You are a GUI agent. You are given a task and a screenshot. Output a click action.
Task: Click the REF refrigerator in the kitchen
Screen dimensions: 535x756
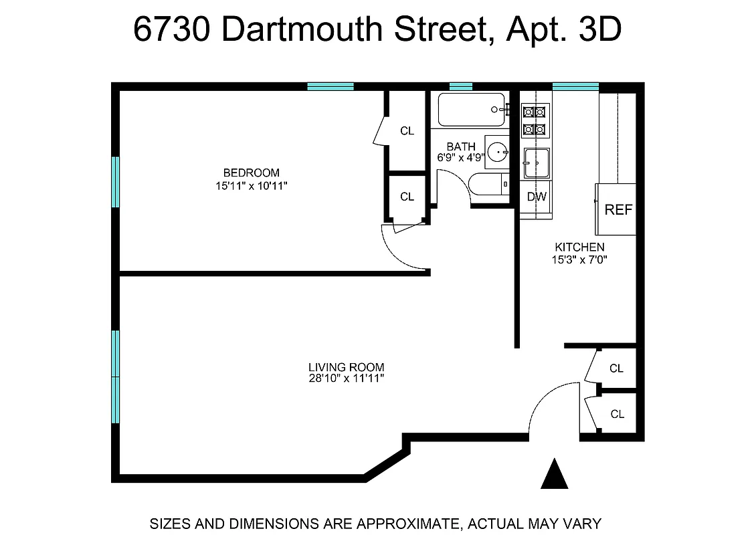(x=618, y=209)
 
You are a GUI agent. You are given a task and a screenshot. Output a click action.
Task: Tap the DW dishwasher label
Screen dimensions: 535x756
(x=537, y=197)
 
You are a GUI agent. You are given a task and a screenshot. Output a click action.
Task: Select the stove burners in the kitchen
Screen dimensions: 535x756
(x=535, y=120)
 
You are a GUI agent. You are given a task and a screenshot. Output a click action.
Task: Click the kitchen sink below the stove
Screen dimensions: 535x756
(x=536, y=163)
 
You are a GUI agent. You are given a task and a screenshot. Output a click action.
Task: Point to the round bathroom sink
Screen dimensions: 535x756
(x=498, y=151)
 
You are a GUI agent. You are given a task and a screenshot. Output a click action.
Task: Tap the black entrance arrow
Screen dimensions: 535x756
(x=554, y=474)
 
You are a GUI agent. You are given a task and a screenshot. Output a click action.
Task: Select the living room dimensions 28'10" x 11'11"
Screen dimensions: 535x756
(x=346, y=379)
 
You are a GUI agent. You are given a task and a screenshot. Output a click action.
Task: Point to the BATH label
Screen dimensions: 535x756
(x=461, y=146)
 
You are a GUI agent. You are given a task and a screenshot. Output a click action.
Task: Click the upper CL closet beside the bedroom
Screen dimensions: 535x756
(x=407, y=131)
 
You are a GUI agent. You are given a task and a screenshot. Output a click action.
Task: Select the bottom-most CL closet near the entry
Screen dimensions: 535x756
(x=617, y=415)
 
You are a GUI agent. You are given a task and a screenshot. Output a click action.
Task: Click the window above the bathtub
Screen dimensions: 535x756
(x=460, y=86)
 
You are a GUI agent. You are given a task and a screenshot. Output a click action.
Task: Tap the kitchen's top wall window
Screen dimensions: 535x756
(x=575, y=86)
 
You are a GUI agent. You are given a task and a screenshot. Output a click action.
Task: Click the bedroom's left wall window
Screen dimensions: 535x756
(x=115, y=182)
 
